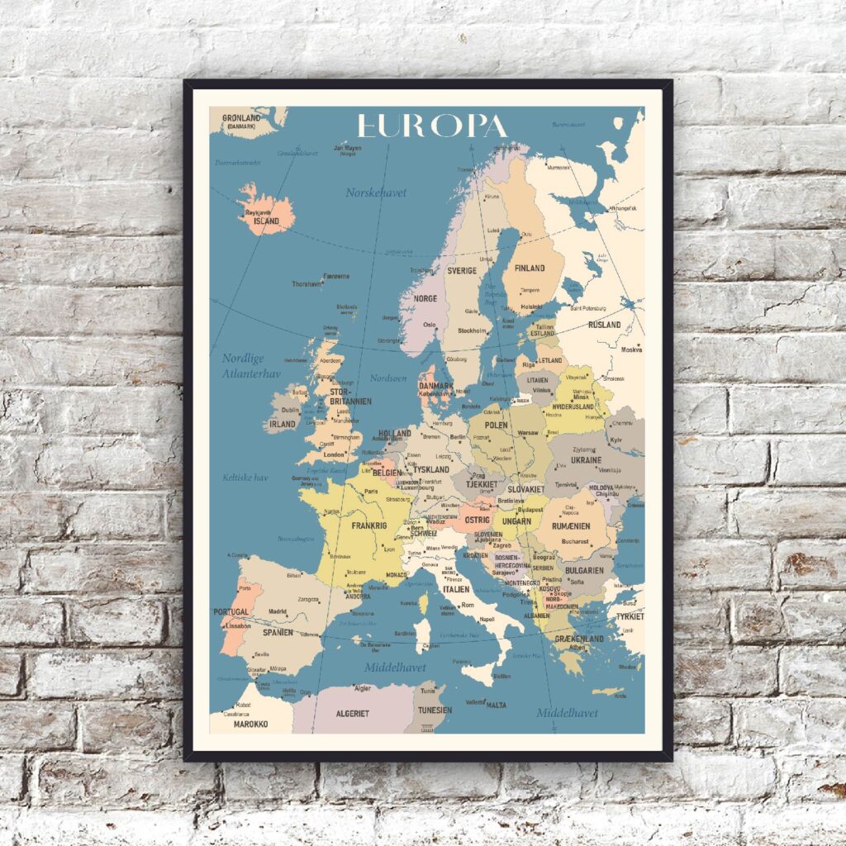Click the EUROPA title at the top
click(x=431, y=126)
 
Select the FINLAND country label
click(x=530, y=269)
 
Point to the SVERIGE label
click(x=462, y=270)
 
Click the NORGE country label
click(x=425, y=298)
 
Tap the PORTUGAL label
click(x=231, y=612)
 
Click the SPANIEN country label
click(x=278, y=632)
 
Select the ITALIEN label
click(x=456, y=589)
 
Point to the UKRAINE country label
click(x=586, y=459)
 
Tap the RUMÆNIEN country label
click(x=572, y=525)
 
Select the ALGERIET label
click(x=352, y=713)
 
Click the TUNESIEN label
click(x=435, y=710)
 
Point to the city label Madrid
click(x=277, y=612)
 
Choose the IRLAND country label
click(x=283, y=424)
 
